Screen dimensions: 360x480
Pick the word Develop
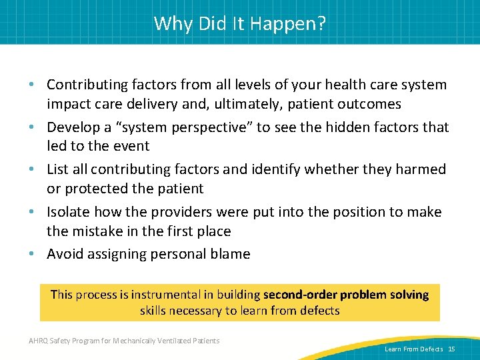click(73, 127)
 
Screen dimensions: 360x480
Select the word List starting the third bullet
click(58, 169)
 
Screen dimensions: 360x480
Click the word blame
click(231, 254)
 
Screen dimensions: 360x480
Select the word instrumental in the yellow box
click(165, 294)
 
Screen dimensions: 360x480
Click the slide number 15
click(451, 349)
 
